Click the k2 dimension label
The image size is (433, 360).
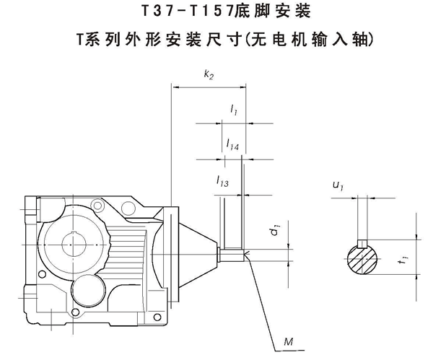tap(208, 74)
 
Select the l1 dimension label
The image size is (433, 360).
tap(234, 110)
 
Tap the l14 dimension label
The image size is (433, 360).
tap(232, 144)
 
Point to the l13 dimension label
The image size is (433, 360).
tap(222, 184)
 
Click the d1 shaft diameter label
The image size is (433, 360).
tap(274, 232)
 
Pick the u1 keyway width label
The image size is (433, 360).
tap(336, 187)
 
